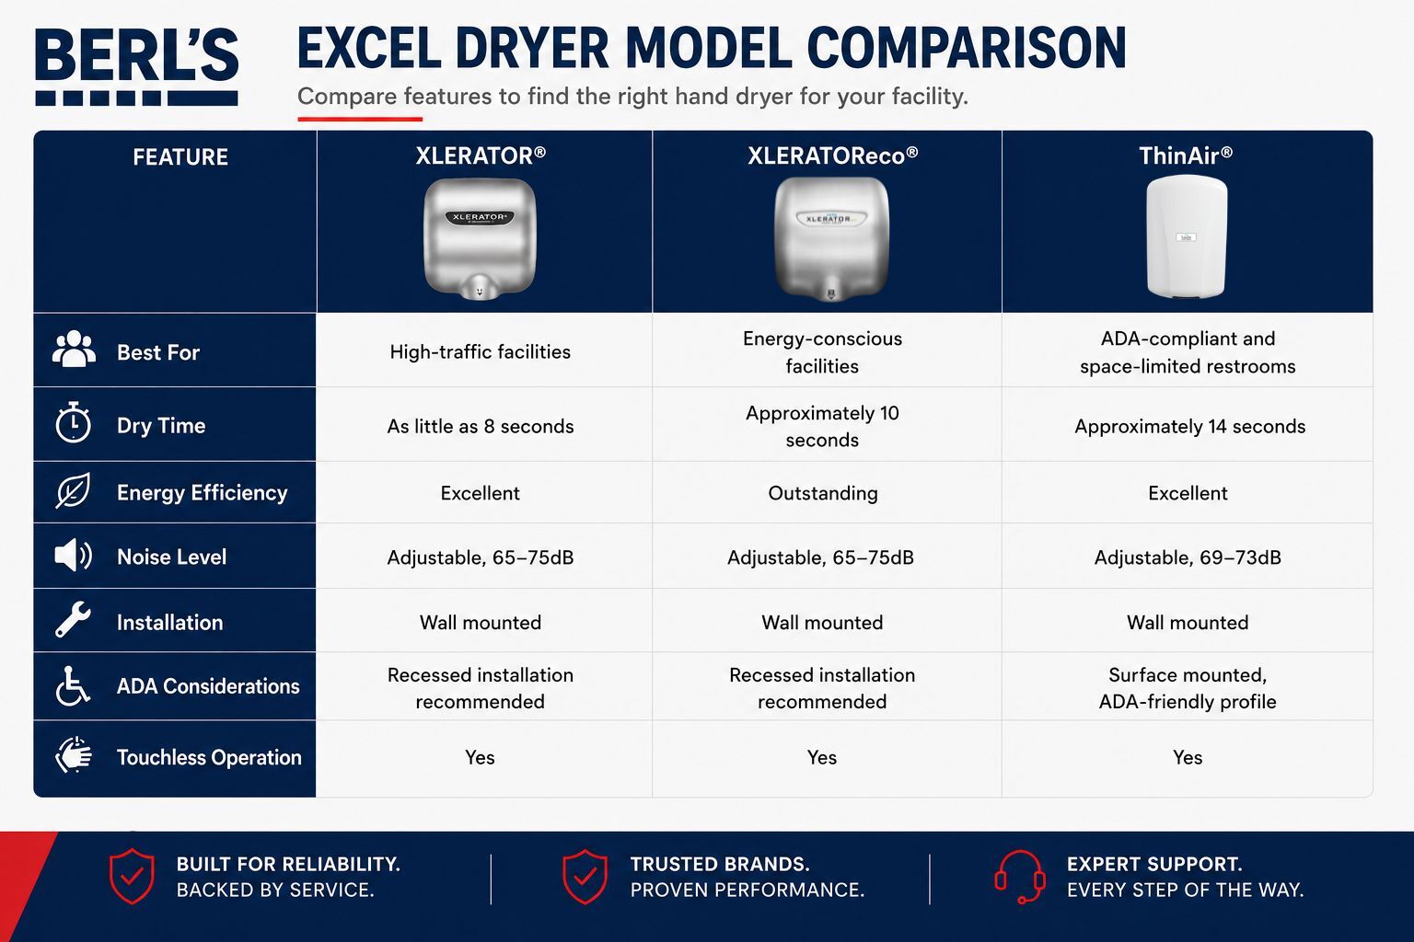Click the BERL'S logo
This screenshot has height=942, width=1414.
[x=136, y=66]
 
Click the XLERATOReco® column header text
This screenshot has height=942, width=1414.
[x=832, y=155]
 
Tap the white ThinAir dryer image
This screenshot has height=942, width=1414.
[x=1187, y=236]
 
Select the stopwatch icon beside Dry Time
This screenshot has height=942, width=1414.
[x=74, y=422]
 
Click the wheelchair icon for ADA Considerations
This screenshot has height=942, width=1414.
[x=73, y=686]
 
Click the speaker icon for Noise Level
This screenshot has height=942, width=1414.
[x=74, y=556]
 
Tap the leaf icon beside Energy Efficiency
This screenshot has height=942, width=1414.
[x=73, y=490]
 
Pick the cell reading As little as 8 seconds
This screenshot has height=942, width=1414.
[x=481, y=427]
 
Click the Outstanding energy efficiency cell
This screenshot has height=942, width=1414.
[x=822, y=493]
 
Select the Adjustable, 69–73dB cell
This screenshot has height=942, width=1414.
[x=1188, y=557]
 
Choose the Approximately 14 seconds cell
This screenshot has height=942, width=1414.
[x=1190, y=427]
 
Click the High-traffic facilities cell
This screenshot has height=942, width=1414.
[x=481, y=351]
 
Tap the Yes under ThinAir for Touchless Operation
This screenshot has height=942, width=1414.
[x=1188, y=757]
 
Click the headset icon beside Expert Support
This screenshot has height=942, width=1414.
[x=1019, y=877]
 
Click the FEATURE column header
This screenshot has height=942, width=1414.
[x=180, y=157]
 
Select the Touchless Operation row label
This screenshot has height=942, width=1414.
[x=209, y=757]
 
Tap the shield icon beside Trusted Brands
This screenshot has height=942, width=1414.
[x=585, y=877]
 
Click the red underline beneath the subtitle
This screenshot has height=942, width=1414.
[x=360, y=118]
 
